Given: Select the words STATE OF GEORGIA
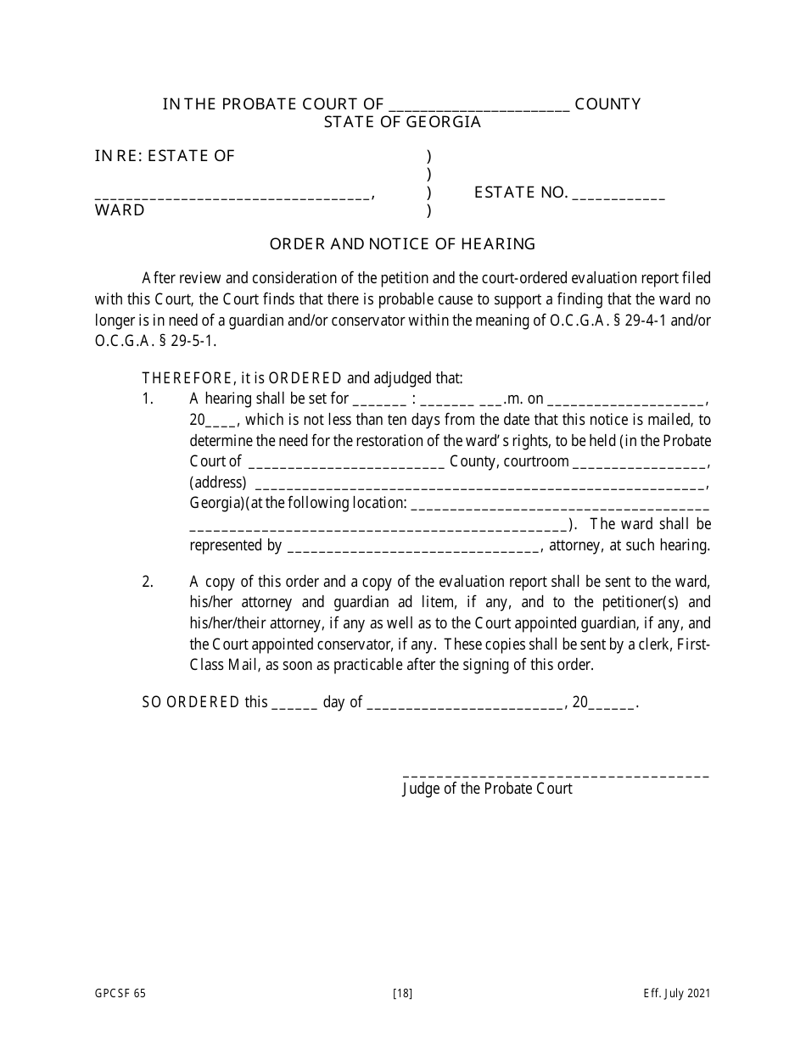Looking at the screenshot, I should pos(402,122).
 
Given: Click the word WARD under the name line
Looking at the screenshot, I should pos(120,210).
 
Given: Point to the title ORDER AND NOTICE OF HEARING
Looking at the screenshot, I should pos(402,244).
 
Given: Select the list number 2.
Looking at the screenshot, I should pos(148,582).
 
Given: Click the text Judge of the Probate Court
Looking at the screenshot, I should pos(487,789).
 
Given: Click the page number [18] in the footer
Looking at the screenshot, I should pos(403,994).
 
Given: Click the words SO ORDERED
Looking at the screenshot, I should pos(192,702).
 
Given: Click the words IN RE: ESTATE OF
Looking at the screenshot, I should pos(165,156).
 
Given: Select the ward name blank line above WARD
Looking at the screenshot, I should pos(232,197).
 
